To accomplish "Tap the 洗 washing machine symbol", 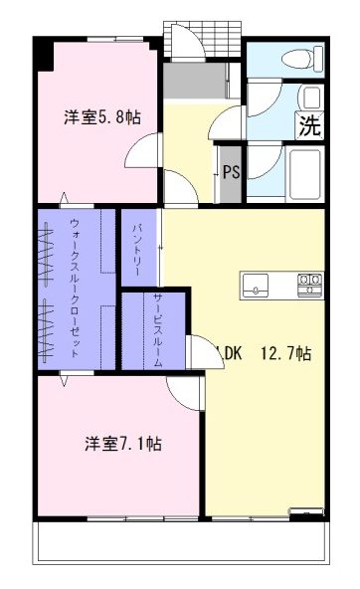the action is click(x=310, y=125).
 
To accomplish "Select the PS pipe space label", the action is click(x=232, y=172).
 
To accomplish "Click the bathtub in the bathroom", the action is click(x=305, y=173).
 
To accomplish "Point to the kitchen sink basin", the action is click(x=256, y=286).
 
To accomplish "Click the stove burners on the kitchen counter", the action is click(x=310, y=286).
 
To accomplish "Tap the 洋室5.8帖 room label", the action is click(x=102, y=117).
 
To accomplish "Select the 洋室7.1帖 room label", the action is click(x=123, y=444).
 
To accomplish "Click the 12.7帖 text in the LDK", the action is click(x=286, y=353).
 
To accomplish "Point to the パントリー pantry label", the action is click(x=137, y=250).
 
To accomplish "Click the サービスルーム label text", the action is click(x=158, y=330).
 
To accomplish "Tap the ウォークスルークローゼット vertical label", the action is click(x=75, y=289).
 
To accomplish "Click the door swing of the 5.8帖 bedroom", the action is click(x=142, y=150).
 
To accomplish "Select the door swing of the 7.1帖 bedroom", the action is click(x=185, y=393).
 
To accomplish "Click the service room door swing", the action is click(x=205, y=352).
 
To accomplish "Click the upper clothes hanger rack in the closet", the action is click(x=47, y=253).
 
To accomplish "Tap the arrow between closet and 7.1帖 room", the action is click(x=65, y=379).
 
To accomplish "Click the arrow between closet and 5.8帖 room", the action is click(x=65, y=199).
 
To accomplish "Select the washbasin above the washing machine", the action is click(x=311, y=98).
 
